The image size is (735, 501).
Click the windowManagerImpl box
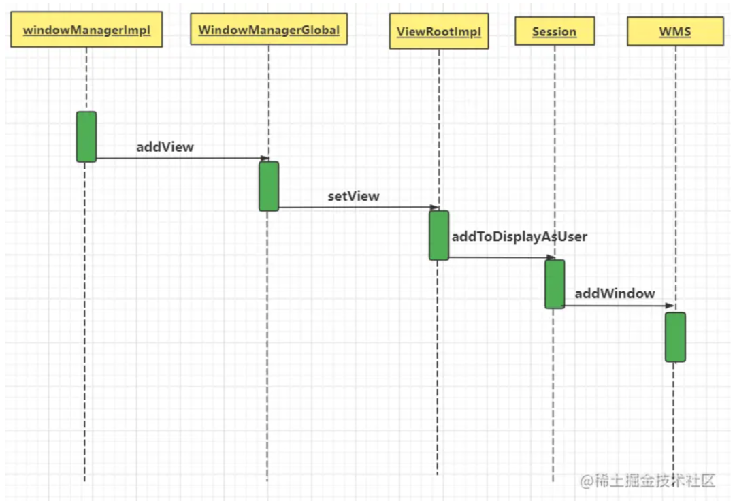[86, 31]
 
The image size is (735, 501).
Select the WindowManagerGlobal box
[269, 31]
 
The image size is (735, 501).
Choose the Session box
[555, 31]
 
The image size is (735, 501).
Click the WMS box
[675, 31]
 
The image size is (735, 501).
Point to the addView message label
[165, 146]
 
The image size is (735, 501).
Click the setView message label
[353, 196]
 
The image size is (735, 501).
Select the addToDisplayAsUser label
[519, 236]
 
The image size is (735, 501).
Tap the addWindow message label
[615, 293]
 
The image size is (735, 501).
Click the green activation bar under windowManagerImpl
[86, 137]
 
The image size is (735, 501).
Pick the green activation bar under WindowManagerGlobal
[269, 186]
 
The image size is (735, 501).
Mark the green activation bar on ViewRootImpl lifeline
[439, 235]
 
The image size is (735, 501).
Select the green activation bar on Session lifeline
[555, 284]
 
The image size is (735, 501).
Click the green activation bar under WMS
[675, 337]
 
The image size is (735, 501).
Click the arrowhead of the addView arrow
[265, 158]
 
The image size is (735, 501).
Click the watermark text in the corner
[647, 481]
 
